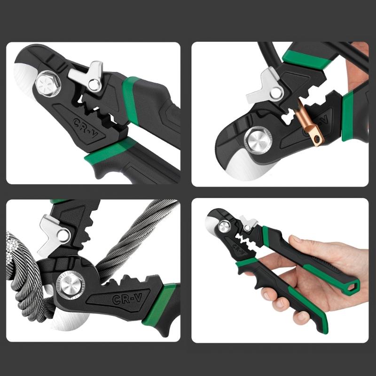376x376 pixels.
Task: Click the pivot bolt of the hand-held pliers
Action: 224,225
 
